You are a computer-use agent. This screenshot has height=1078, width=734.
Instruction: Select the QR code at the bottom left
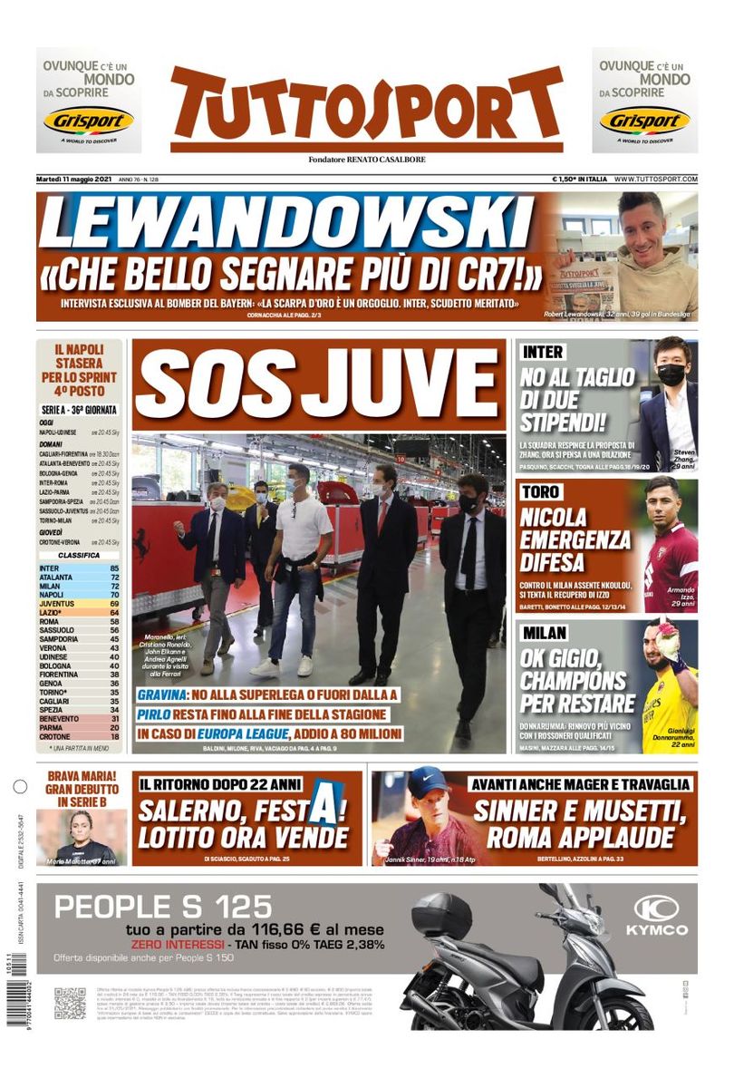[70, 1003]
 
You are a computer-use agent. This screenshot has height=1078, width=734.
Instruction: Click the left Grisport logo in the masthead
[89, 120]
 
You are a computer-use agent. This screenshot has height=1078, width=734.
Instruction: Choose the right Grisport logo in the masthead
[644, 120]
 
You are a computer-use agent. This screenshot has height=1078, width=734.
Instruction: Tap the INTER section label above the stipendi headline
[543, 352]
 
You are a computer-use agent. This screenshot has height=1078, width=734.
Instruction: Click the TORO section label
[542, 492]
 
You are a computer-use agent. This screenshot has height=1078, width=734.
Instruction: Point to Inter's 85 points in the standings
[116, 568]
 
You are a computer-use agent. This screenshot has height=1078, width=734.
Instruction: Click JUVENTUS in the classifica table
[60, 602]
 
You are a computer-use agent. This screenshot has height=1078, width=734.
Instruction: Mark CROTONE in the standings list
[55, 736]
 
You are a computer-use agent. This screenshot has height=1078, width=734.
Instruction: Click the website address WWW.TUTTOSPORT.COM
[656, 180]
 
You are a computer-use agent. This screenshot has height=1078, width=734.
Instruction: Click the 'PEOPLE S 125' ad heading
[164, 906]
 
